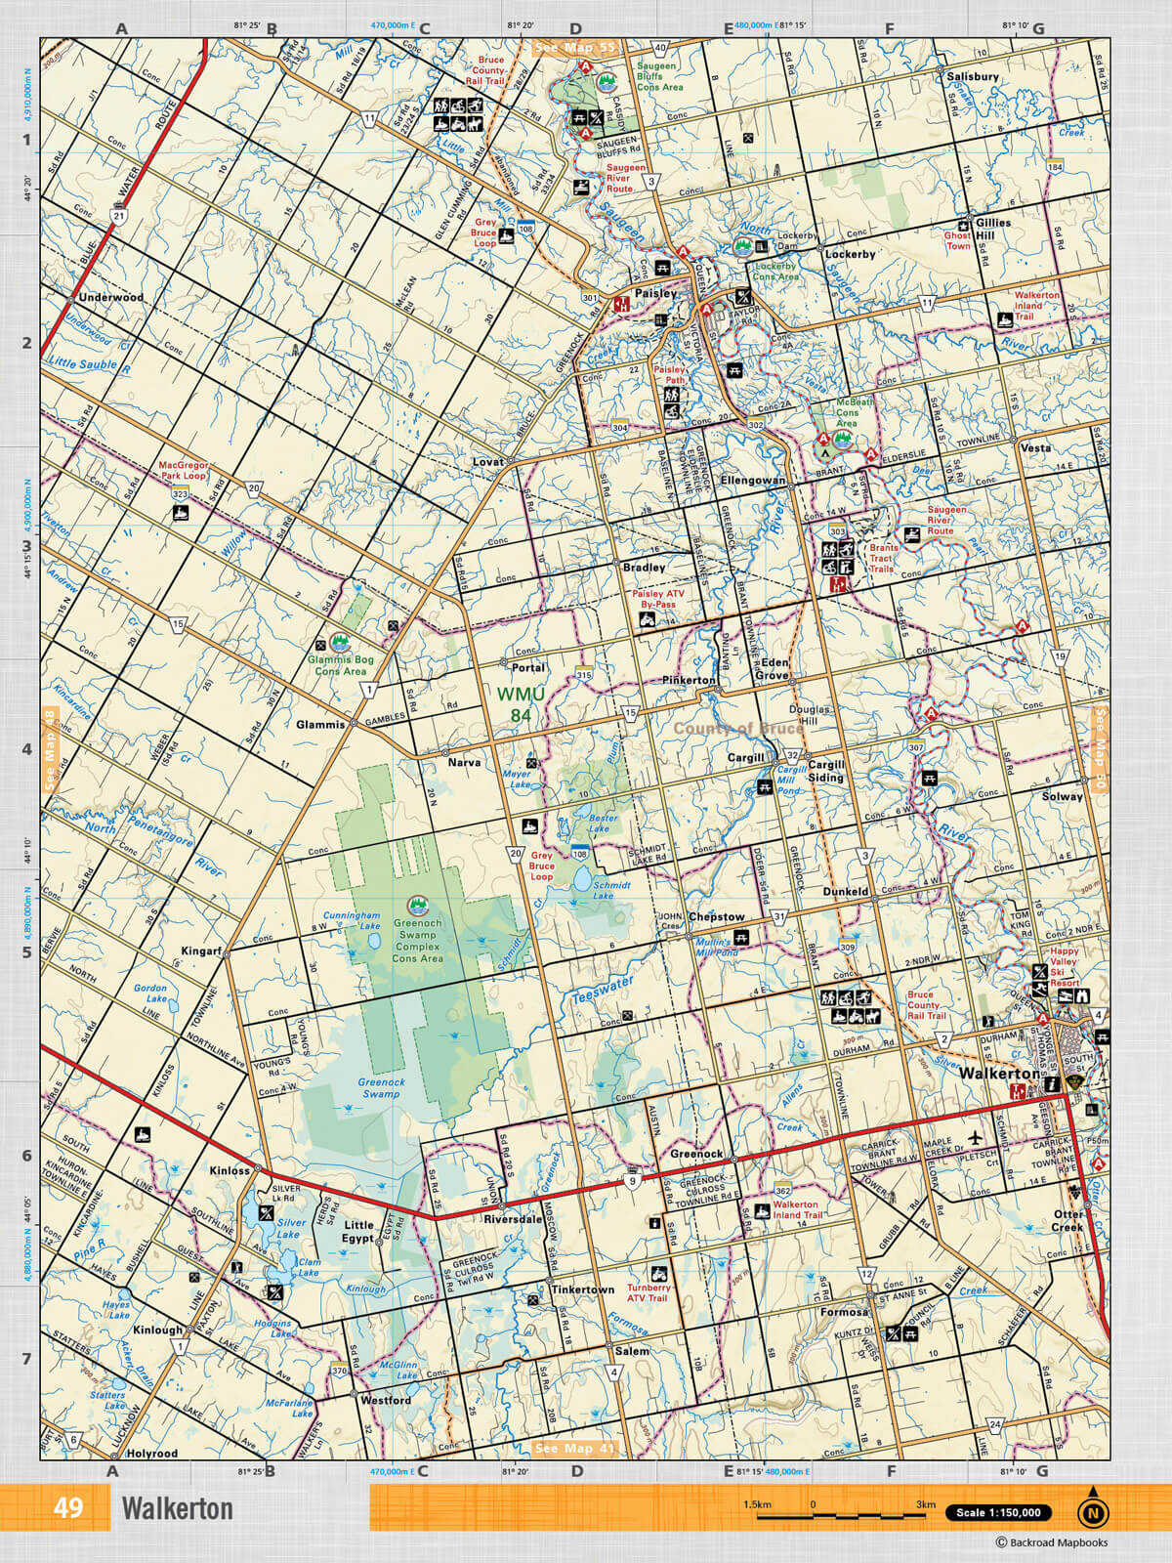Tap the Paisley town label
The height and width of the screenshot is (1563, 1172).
click(655, 293)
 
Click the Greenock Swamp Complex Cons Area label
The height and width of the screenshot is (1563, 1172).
click(417, 941)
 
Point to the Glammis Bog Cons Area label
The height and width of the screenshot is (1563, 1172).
click(340, 665)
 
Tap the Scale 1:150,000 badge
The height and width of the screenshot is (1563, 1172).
click(998, 1513)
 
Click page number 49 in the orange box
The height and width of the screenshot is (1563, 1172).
click(68, 1508)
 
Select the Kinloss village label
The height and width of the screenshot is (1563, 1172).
click(230, 1169)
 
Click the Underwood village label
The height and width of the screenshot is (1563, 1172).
click(110, 297)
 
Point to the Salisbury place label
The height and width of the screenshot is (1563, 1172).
click(973, 76)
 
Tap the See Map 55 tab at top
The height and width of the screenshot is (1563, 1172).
click(576, 47)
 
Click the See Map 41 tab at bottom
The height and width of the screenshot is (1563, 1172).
click(575, 1448)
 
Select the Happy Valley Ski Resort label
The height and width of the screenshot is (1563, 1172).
click(1065, 961)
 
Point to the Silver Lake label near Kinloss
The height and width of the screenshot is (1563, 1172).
click(290, 1228)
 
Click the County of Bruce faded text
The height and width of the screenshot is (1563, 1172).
click(738, 729)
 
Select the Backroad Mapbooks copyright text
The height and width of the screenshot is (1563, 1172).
click(1051, 1542)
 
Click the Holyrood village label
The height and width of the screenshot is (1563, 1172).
click(152, 1453)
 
